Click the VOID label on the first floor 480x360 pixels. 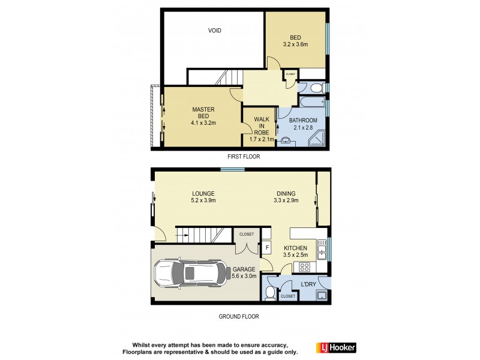(214, 31)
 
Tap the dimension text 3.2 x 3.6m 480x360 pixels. (295, 44)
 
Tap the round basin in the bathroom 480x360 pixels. (284, 141)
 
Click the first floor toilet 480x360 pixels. (318, 88)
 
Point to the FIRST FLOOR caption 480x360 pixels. (243, 157)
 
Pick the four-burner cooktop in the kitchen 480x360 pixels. (304, 268)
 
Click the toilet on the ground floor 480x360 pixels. (270, 293)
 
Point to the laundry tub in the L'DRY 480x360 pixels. (320, 295)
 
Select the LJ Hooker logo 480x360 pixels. (336, 347)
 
